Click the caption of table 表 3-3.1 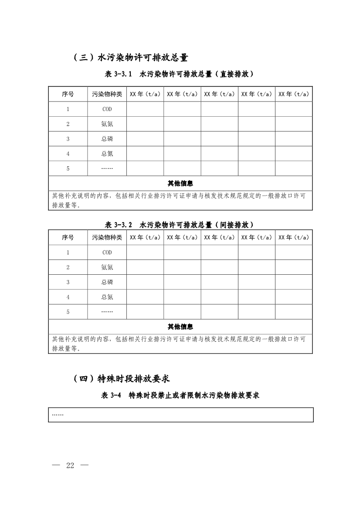point(179,74)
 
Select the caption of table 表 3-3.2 point(179,225)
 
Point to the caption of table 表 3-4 point(180,395)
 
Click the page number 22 point(70,465)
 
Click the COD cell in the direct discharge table point(107,109)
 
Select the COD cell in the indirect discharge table point(107,253)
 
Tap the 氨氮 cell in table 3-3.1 point(107,124)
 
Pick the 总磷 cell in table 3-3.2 point(107,282)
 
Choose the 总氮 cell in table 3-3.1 point(107,154)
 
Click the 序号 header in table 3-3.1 point(68,94)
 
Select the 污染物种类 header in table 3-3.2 point(107,237)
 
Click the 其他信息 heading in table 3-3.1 point(180,183)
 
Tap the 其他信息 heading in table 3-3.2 point(180,327)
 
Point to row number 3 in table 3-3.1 point(68,139)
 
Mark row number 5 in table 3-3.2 point(68,312)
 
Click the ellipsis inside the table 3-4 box point(58,415)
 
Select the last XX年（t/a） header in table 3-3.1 point(293,94)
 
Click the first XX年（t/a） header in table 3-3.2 point(145,237)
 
